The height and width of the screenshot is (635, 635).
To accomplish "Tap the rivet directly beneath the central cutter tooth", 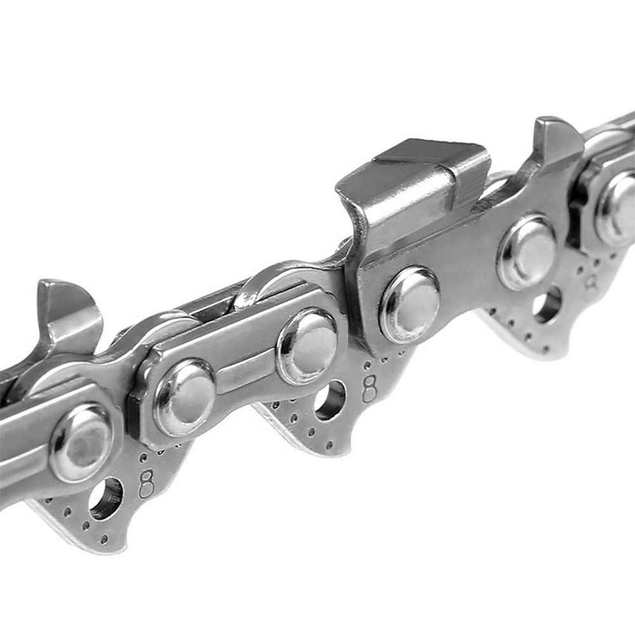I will [410, 304].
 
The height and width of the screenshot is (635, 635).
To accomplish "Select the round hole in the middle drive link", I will [330, 400].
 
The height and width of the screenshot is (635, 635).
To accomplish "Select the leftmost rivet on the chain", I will [81, 443].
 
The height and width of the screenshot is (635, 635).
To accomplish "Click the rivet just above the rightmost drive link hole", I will [526, 251].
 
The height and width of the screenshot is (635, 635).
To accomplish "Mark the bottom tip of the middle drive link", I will [330, 452].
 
